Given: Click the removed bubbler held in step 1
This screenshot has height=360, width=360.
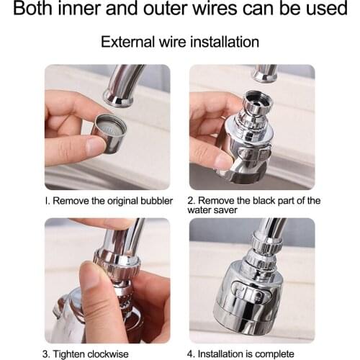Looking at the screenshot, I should point(109,133).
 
